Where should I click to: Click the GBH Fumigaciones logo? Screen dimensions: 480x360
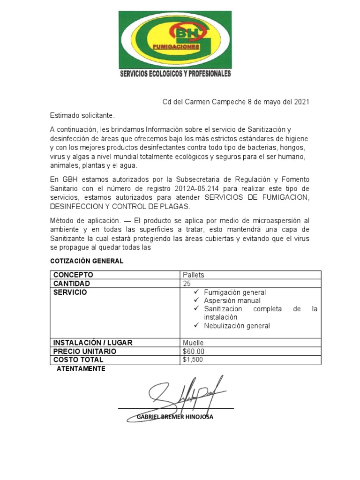coord(175,40)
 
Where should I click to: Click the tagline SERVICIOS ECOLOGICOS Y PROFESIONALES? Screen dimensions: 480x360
coord(175,74)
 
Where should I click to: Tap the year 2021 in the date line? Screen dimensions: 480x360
coord(301,102)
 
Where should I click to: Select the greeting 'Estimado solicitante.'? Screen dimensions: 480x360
coord(82,115)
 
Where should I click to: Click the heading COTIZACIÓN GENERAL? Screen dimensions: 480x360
coord(87,261)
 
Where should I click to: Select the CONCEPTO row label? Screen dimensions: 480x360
coord(73,275)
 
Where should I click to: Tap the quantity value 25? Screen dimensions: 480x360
coord(187,284)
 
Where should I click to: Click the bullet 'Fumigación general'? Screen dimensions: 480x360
coord(235,292)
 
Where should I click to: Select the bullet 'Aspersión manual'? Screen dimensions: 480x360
coord(232,300)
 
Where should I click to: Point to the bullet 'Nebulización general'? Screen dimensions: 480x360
coord(237,326)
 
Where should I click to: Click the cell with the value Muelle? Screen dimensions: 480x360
coord(193,343)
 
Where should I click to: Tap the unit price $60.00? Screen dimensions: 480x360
coord(194,351)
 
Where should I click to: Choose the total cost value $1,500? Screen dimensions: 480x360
coord(193,360)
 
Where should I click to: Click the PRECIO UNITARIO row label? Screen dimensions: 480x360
coord(84,351)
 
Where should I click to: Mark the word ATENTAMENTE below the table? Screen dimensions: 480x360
coord(81,369)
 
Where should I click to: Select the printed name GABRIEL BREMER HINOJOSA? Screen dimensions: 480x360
coord(175,417)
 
